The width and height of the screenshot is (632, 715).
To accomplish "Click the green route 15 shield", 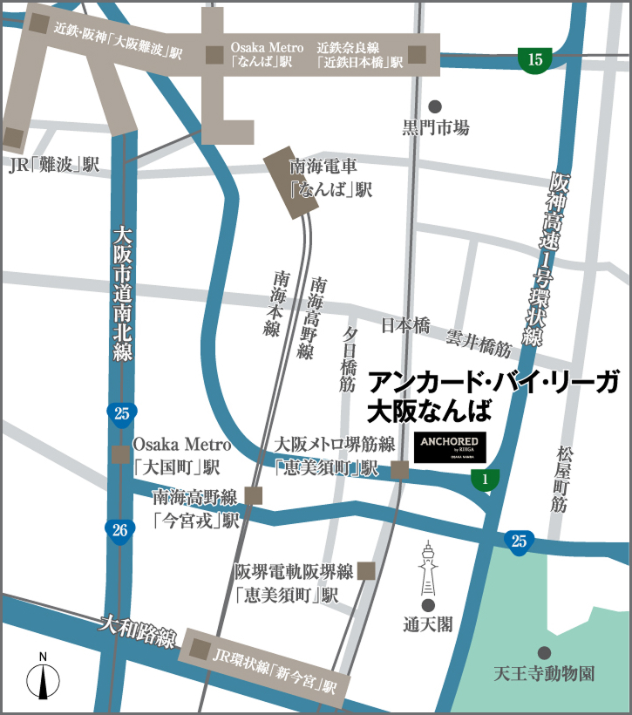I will [535, 59].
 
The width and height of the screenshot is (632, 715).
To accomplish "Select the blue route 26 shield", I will [120, 528].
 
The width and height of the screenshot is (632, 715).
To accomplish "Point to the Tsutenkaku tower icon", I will [428, 567].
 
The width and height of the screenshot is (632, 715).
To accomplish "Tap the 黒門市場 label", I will [436, 128].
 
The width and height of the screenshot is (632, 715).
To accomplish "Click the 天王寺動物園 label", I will [544, 674].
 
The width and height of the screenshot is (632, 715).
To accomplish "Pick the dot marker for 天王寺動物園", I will [544, 652].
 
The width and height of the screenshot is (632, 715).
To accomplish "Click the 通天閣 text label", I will [428, 624].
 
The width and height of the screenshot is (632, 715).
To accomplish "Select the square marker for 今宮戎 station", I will [254, 495].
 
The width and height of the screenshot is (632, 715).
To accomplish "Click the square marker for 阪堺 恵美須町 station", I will [366, 571].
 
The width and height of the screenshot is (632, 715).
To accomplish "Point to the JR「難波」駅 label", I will [54, 164].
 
